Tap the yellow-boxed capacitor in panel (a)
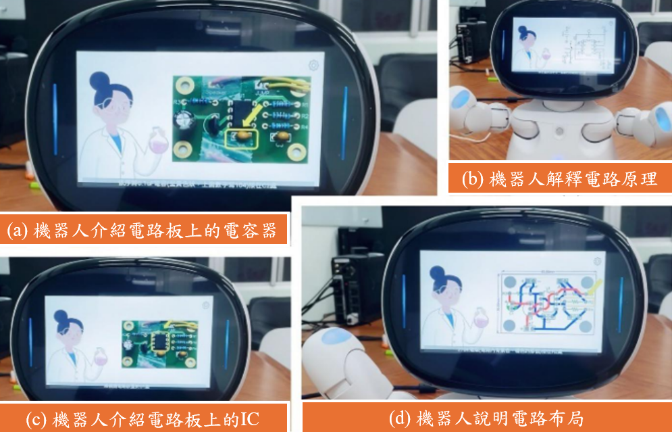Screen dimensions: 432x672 pyautogui.click(x=242, y=138)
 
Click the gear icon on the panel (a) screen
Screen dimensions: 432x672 pyautogui.click(x=313, y=66)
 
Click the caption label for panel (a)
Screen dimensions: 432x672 pyautogui.click(x=143, y=231)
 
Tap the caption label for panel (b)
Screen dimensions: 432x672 pyautogui.click(x=559, y=179)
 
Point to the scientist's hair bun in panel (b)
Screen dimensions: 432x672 pyautogui.click(x=521, y=30)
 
